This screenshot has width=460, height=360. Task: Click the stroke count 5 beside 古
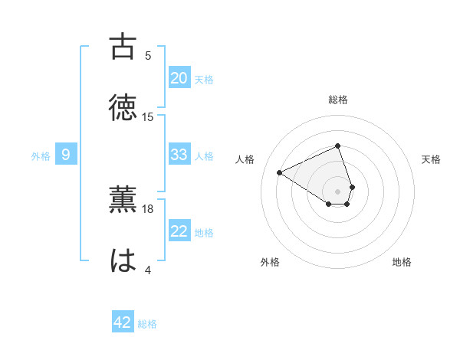tap(148, 55)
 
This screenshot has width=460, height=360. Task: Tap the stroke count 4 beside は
tap(148, 270)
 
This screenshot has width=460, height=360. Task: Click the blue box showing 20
tap(179, 78)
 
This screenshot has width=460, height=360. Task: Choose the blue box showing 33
tap(179, 155)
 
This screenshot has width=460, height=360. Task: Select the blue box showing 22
tap(179, 231)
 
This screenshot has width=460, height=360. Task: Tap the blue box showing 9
tap(66, 155)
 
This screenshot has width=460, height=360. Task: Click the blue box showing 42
tap(123, 322)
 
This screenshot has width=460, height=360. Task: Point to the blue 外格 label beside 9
tap(41, 155)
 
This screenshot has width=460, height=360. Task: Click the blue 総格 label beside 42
tap(147, 324)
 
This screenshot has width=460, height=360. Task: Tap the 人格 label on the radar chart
tap(245, 159)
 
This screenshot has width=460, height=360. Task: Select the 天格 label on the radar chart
tap(431, 159)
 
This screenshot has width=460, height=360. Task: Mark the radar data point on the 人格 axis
tap(280, 172)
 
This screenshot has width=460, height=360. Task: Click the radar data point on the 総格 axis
tap(337, 146)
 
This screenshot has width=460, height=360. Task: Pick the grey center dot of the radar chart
tap(337, 190)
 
